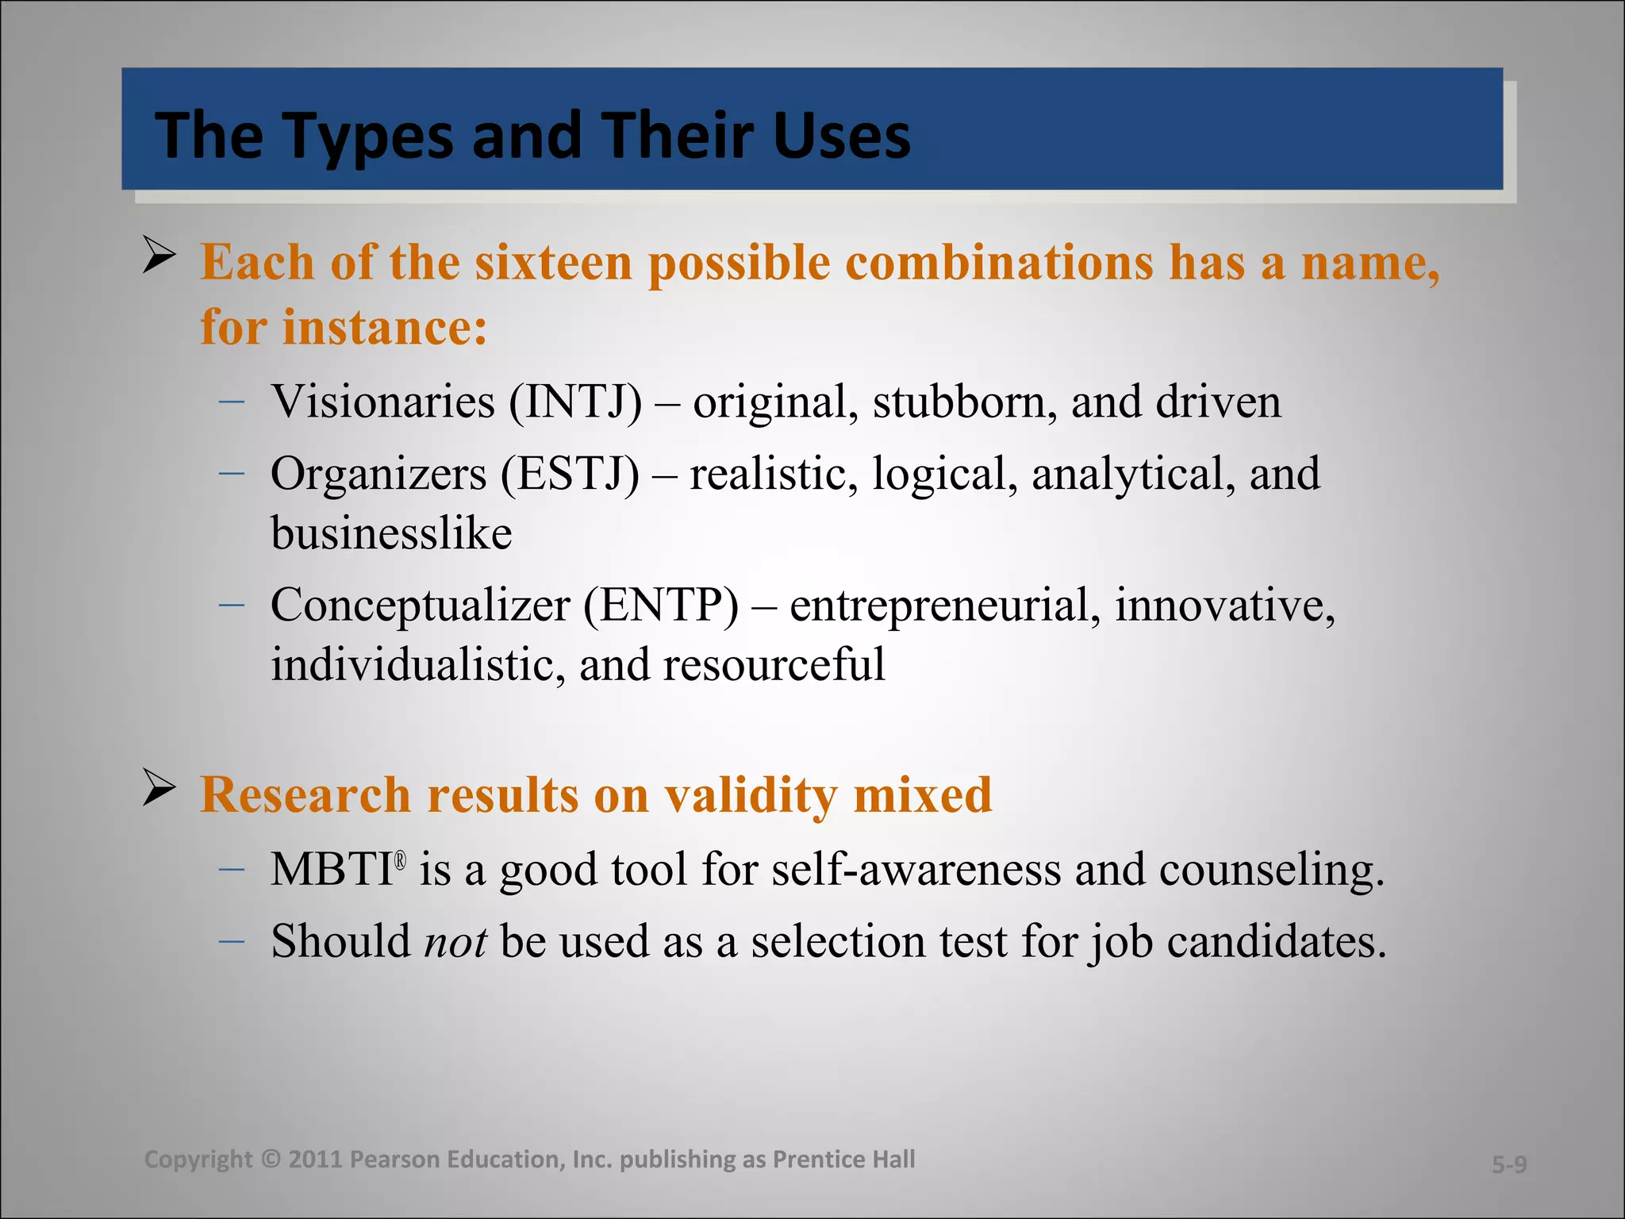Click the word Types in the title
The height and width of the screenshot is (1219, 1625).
click(368, 137)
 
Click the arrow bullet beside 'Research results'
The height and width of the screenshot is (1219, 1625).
click(159, 789)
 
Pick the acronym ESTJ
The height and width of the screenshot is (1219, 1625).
click(569, 474)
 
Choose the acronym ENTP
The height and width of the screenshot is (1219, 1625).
click(661, 606)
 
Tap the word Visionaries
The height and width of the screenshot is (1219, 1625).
click(382, 402)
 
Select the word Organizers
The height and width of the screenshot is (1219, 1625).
click(378, 474)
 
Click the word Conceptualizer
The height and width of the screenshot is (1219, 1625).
click(420, 606)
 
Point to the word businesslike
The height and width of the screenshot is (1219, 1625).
click(391, 533)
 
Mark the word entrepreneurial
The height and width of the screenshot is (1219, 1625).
click(945, 606)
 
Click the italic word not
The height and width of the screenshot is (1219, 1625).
click(455, 942)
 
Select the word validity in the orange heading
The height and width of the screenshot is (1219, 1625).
click(750, 794)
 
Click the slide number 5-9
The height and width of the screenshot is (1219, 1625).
click(1508, 1164)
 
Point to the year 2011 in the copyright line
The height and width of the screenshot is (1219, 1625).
click(315, 1159)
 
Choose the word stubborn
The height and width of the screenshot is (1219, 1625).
click(964, 402)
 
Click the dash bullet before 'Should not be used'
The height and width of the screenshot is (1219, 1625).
click(231, 941)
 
